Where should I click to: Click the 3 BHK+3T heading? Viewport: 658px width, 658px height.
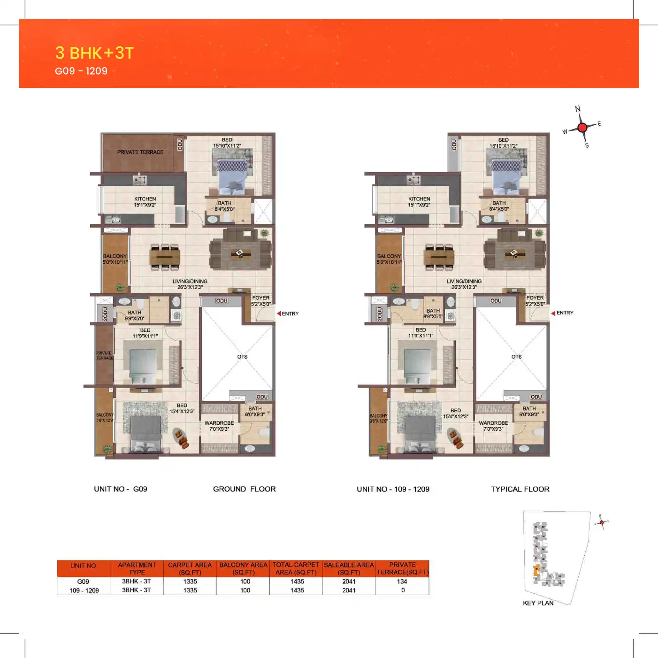click(94, 53)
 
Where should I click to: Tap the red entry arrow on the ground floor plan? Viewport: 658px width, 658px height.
click(279, 314)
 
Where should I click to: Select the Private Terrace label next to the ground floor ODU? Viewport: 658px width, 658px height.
click(140, 152)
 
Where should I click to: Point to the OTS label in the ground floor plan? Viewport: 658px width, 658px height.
click(242, 357)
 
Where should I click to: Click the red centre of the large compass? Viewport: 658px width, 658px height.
click(582, 127)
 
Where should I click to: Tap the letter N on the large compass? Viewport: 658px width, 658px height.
click(578, 109)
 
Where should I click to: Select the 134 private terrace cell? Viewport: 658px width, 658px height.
click(402, 581)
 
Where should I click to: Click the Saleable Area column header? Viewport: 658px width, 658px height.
click(349, 568)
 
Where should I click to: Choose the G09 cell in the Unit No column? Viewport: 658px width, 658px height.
click(83, 581)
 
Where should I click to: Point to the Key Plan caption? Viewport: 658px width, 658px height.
click(538, 603)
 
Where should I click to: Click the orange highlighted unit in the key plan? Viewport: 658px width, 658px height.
click(536, 571)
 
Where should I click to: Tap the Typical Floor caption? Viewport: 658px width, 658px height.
click(520, 489)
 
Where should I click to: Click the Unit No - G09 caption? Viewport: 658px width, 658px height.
click(121, 489)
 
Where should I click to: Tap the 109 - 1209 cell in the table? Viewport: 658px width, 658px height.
click(84, 590)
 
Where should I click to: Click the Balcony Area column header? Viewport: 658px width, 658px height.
click(243, 568)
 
